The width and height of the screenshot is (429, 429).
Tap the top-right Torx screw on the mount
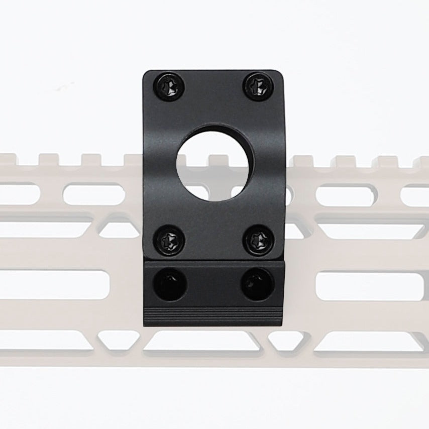(x=259, y=85)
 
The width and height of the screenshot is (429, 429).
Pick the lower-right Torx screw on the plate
(x=259, y=239)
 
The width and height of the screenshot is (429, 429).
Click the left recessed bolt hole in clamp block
(x=171, y=284)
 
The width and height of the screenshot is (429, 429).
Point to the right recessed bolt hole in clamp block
(x=258, y=284)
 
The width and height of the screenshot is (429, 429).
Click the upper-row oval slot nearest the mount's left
(x=94, y=194)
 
